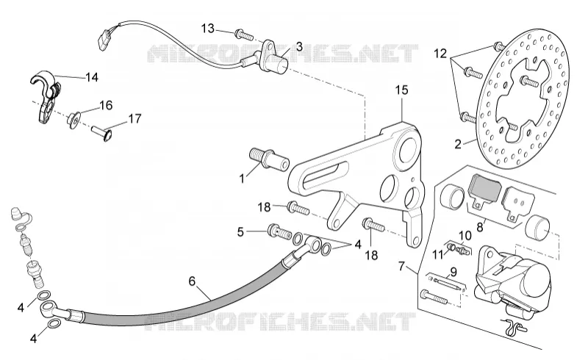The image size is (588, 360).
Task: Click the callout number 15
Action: pyautogui.click(x=401, y=90)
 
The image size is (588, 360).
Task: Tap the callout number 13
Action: pyautogui.click(x=208, y=28)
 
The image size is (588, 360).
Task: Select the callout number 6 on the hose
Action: pyautogui.click(x=192, y=281)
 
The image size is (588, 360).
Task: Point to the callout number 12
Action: pyautogui.click(x=440, y=54)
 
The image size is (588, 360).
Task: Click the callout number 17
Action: pyautogui.click(x=135, y=119)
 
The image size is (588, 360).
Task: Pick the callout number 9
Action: pyautogui.click(x=453, y=272)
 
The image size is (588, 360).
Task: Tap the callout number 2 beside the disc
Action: pyautogui.click(x=458, y=144)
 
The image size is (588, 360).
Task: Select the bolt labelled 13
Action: pyautogui.click(x=244, y=35)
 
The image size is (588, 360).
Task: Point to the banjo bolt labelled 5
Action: pyautogui.click(x=279, y=231)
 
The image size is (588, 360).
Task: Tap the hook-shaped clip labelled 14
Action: pyautogui.click(x=46, y=96)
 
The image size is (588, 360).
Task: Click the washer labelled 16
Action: pyautogui.click(x=73, y=120)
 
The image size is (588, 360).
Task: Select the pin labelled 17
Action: pyautogui.click(x=101, y=133)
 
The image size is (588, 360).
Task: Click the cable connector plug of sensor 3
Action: pyautogui.click(x=104, y=40)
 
